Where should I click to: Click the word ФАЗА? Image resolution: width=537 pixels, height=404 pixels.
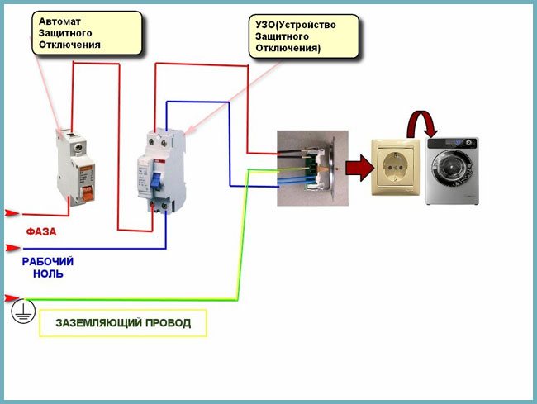pyautogui.click(x=40, y=232)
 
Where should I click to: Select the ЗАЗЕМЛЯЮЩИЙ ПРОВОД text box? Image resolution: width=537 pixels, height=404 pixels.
pyautogui.click(x=122, y=322)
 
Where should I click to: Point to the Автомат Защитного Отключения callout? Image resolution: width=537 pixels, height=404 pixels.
pyautogui.click(x=87, y=31)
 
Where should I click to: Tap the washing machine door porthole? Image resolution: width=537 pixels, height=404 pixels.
pyautogui.click(x=452, y=165)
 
